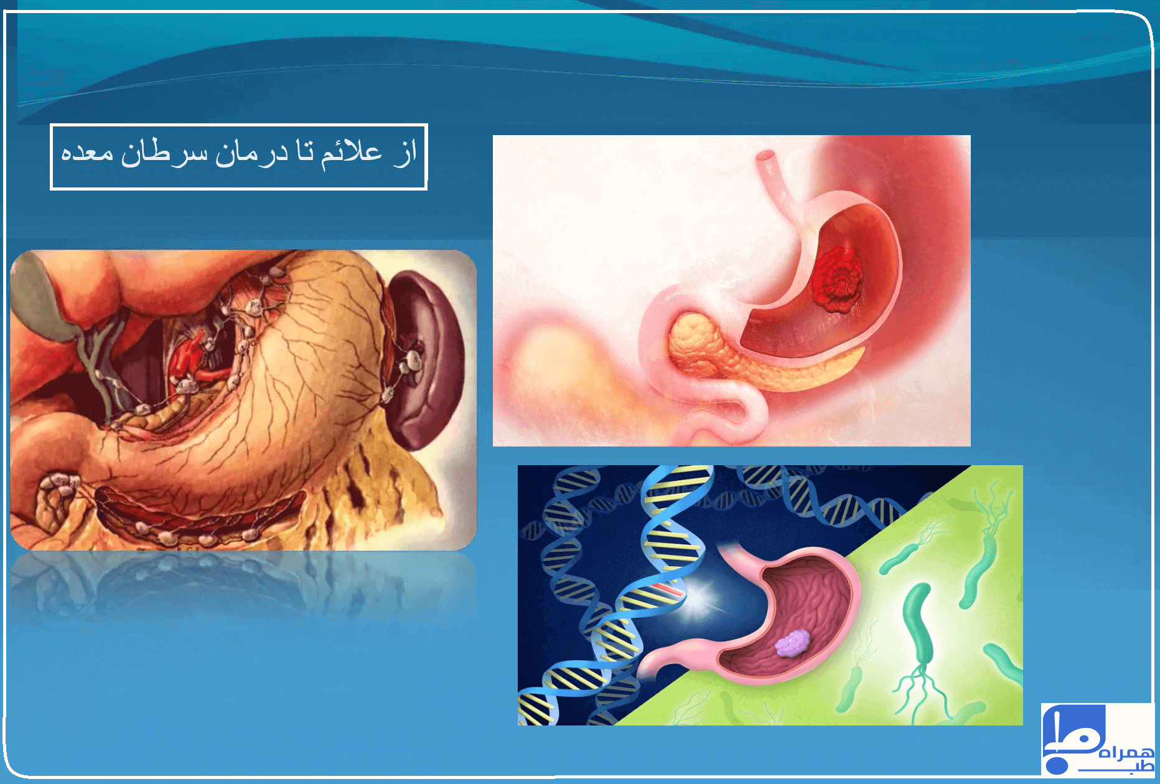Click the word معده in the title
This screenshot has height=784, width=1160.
click(87, 153)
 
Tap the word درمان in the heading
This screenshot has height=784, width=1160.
click(251, 153)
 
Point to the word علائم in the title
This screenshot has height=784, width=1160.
click(351, 153)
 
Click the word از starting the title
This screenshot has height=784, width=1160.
click(405, 153)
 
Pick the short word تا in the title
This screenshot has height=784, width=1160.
click(304, 153)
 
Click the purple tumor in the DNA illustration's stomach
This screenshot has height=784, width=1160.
click(792, 643)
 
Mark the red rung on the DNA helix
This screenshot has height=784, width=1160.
click(668, 588)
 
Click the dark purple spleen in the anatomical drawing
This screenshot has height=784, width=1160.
click(429, 361)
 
